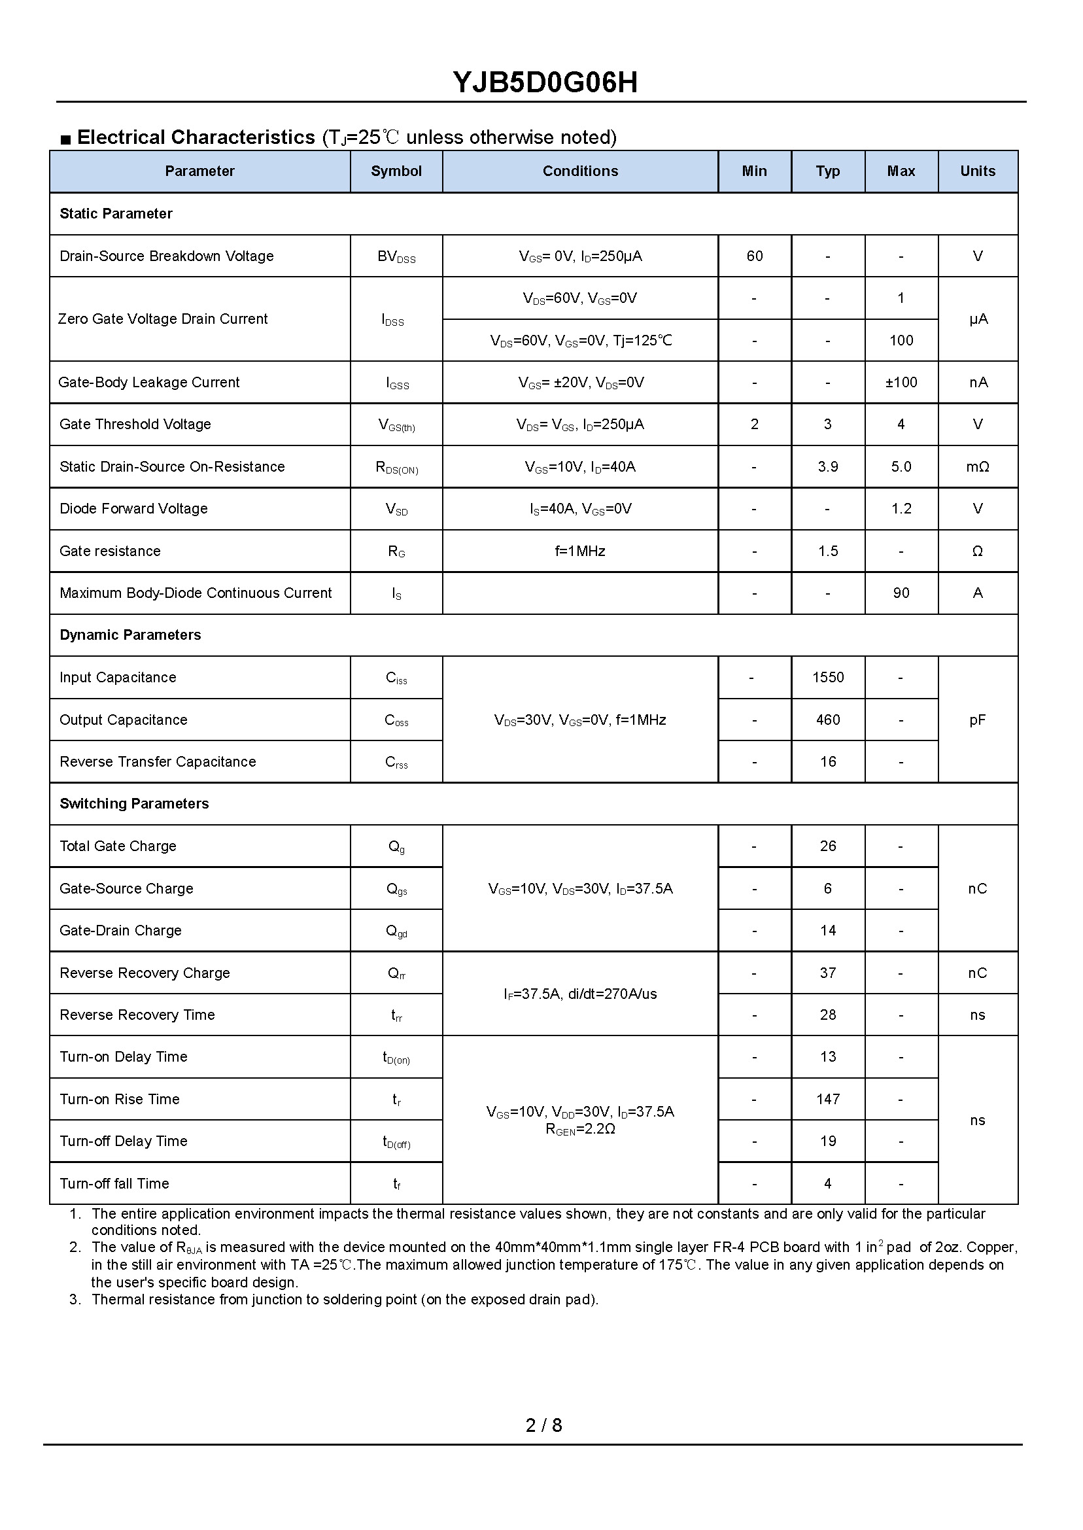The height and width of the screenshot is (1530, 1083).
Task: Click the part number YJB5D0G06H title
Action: click(545, 82)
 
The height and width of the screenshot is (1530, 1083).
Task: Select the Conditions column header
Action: click(580, 171)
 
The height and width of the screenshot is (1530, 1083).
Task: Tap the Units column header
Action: click(977, 171)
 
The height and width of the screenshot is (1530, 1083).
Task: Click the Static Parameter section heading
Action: click(116, 214)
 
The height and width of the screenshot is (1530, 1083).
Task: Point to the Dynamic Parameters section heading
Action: click(130, 635)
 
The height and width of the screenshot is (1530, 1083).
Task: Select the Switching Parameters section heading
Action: click(134, 804)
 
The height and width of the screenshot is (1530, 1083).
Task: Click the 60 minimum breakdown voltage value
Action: click(754, 256)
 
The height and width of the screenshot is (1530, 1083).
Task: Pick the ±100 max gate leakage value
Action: click(901, 383)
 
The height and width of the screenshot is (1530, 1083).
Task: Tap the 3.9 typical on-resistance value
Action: click(827, 467)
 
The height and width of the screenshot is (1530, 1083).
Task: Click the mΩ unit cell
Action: click(977, 467)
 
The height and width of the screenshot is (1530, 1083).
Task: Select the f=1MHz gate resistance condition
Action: click(580, 551)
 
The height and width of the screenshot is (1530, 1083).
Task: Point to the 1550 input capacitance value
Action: click(827, 678)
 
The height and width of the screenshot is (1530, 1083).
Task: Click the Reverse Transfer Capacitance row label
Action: click(158, 761)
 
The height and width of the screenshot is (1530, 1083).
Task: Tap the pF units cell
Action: click(977, 720)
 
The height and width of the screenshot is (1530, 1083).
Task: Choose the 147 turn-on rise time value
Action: click(827, 1099)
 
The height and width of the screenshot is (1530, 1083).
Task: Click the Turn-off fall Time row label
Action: click(114, 1184)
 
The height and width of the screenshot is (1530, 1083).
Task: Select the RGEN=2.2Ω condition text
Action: click(580, 1129)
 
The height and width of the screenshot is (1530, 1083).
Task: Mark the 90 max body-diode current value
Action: click(901, 593)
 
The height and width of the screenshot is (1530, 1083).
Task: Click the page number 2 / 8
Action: click(543, 1425)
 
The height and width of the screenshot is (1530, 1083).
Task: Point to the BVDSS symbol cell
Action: click(396, 257)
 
